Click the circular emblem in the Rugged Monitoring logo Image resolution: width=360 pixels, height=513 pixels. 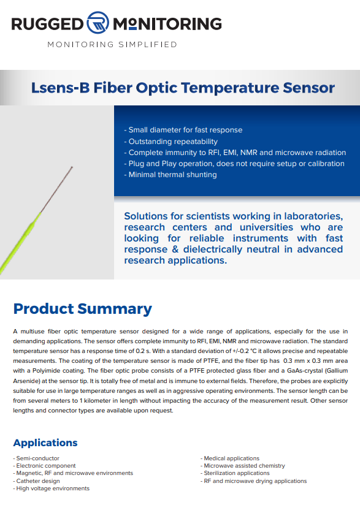98,23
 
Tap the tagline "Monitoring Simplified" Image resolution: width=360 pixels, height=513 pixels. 112,45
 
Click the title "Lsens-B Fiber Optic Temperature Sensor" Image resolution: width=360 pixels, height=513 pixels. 183,88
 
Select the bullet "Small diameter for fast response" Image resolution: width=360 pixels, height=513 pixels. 183,130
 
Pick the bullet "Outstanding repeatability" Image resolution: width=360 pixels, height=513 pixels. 171,142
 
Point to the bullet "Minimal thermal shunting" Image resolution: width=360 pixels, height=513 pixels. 170,175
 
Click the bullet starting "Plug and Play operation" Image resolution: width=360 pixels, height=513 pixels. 234,164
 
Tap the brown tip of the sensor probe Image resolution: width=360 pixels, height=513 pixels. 56,190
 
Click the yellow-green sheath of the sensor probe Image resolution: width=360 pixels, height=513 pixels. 20,243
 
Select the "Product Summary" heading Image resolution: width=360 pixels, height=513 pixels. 83,309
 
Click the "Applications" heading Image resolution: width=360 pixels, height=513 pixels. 45,443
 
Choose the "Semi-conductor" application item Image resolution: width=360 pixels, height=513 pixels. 36,458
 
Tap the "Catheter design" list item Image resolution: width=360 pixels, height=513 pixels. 37,481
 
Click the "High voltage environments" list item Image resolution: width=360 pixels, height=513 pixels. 52,488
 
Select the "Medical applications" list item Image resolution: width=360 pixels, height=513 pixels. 230,458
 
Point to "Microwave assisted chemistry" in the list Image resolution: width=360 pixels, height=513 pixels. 243,466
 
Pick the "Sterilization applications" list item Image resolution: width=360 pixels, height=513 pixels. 236,473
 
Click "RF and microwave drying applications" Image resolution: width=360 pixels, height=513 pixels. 254,481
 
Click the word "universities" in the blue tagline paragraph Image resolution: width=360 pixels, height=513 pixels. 266,227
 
